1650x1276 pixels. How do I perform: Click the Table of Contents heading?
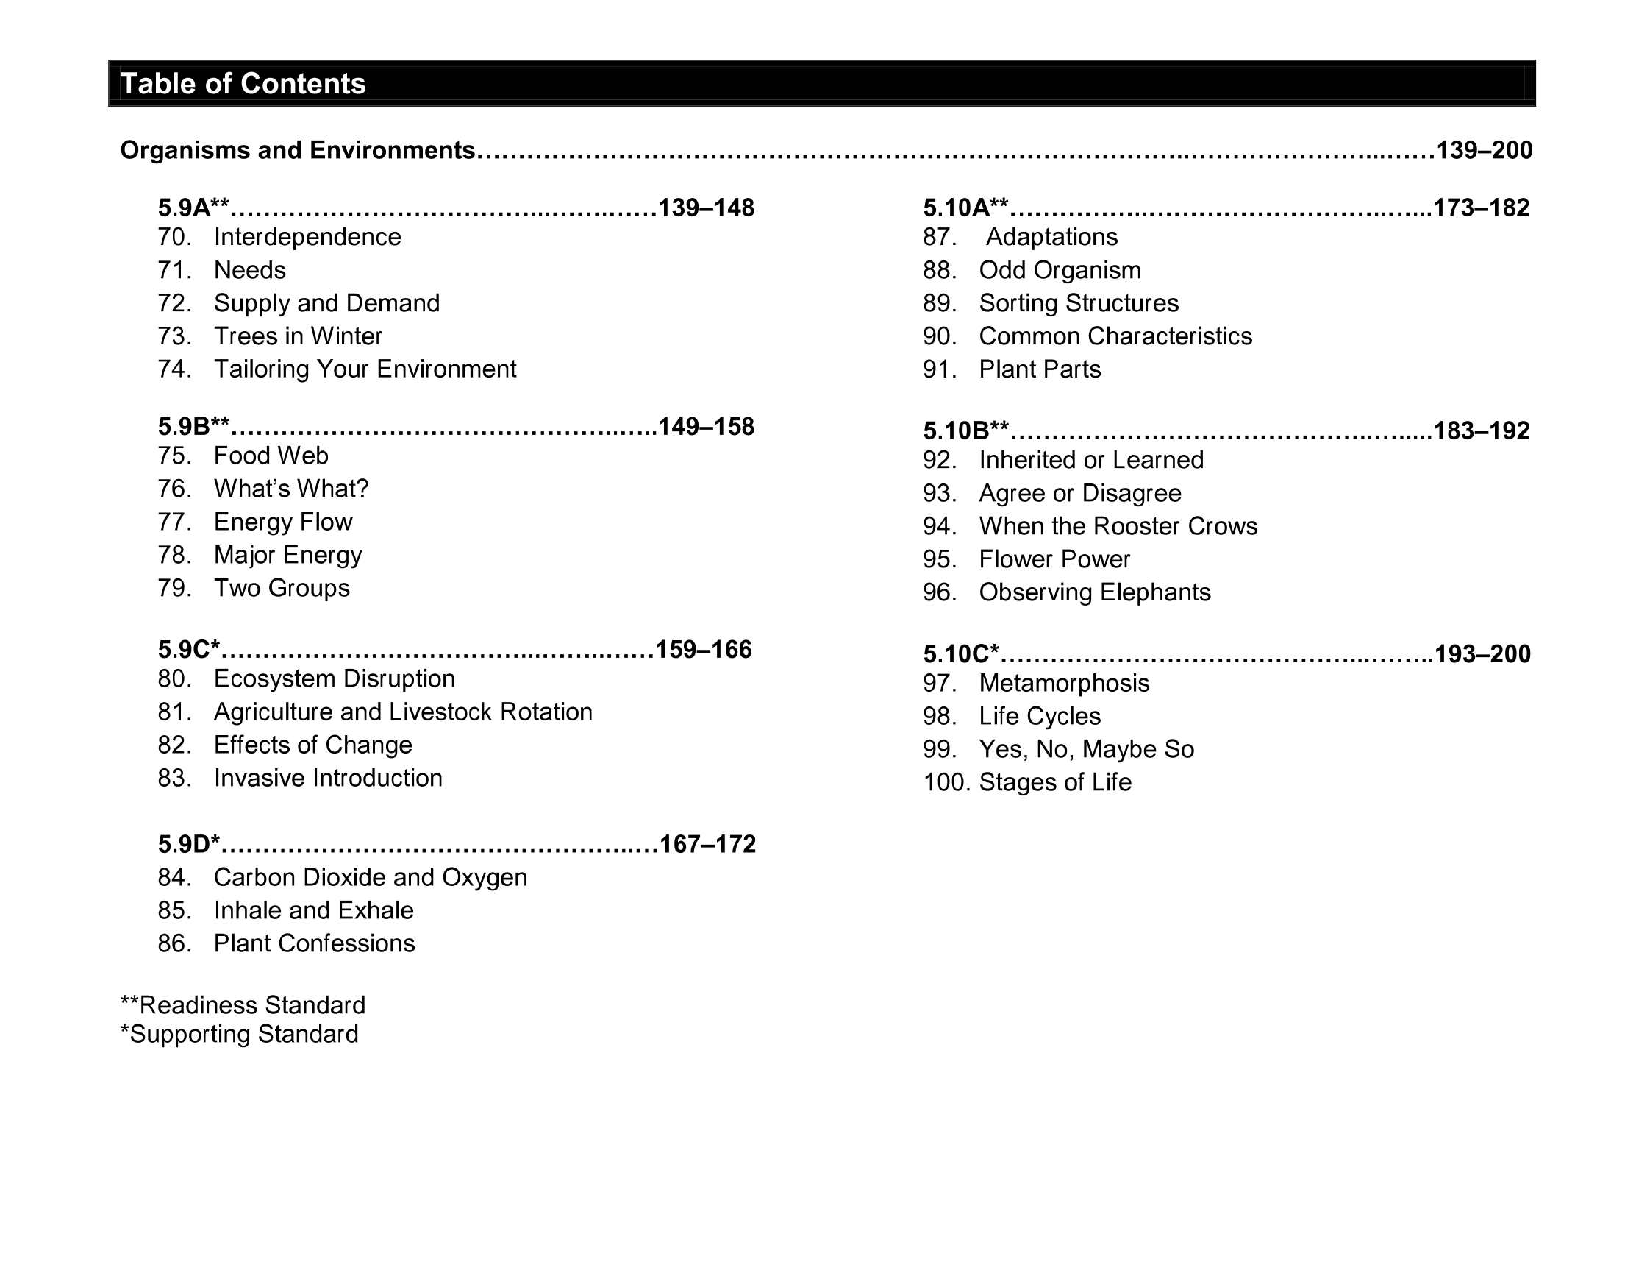(243, 84)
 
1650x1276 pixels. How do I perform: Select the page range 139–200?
(1484, 150)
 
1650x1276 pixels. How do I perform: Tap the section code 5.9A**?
(193, 208)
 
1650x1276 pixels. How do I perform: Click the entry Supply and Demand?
(326, 303)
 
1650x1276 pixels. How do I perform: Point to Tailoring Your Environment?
(365, 369)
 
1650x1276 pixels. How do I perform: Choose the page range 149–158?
(706, 427)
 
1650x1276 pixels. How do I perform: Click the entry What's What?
(291, 489)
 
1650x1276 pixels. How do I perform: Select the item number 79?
(174, 588)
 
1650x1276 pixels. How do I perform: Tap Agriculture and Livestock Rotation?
(403, 712)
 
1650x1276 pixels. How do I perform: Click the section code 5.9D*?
(189, 844)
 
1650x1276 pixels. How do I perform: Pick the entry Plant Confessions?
(314, 943)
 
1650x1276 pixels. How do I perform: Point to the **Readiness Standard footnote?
(243, 1005)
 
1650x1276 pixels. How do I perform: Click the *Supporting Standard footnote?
(239, 1034)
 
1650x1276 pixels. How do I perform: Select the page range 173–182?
(1481, 208)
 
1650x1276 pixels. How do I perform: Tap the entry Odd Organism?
(1060, 270)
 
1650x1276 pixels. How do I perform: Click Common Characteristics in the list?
(1115, 336)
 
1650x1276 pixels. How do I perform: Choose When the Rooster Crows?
(1118, 526)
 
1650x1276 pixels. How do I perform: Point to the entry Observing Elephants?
(1095, 592)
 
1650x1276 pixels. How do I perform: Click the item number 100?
(946, 782)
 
